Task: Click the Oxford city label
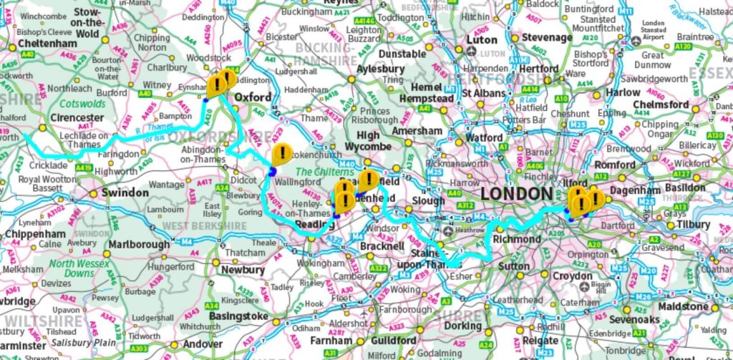[x=254, y=97]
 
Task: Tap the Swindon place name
[x=125, y=193]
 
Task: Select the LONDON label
[x=515, y=194]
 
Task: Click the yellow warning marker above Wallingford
[x=283, y=153]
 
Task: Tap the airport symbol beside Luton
[x=472, y=53]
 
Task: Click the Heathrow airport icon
[x=449, y=231]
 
